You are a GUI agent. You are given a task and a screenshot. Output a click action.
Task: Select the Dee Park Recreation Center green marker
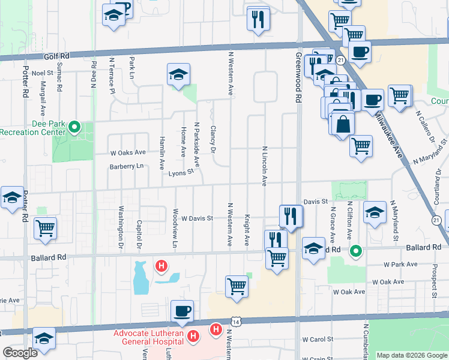click(74, 127)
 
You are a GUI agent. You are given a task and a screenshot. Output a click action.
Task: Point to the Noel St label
click(43, 73)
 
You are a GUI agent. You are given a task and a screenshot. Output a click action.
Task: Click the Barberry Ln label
click(127, 166)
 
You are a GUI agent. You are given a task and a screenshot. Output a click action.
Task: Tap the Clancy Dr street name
click(213, 139)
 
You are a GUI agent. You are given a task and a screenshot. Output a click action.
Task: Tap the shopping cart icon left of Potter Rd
click(46, 229)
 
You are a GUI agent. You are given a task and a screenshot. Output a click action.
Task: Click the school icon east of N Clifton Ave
click(375, 212)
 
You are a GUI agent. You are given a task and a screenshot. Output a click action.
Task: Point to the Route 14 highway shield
click(238, 322)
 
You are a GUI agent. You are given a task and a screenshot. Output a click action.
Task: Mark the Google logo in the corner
click(20, 353)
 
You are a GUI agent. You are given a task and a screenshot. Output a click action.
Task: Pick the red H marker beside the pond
click(161, 265)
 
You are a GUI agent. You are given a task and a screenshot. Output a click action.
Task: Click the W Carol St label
click(317, 339)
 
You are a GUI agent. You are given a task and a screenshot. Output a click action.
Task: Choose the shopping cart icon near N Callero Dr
click(400, 96)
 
